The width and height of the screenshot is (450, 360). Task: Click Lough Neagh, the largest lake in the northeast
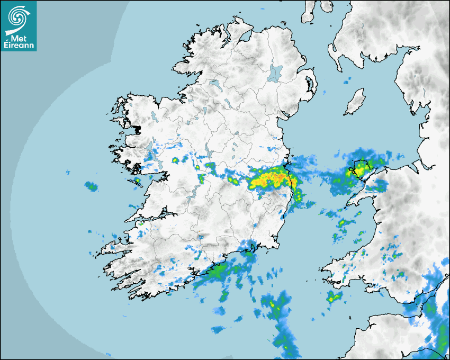click(x=275, y=73)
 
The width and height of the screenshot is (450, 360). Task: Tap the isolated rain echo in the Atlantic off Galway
click(x=92, y=186)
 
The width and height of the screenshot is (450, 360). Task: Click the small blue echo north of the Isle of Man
click(x=347, y=82)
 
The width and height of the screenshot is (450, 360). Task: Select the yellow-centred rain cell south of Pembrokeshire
click(x=332, y=298)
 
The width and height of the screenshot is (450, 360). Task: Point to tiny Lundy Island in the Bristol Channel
click(x=350, y=316)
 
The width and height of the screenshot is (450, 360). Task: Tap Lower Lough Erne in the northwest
click(x=214, y=84)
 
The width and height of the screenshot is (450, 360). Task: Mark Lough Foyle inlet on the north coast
click(x=245, y=36)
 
